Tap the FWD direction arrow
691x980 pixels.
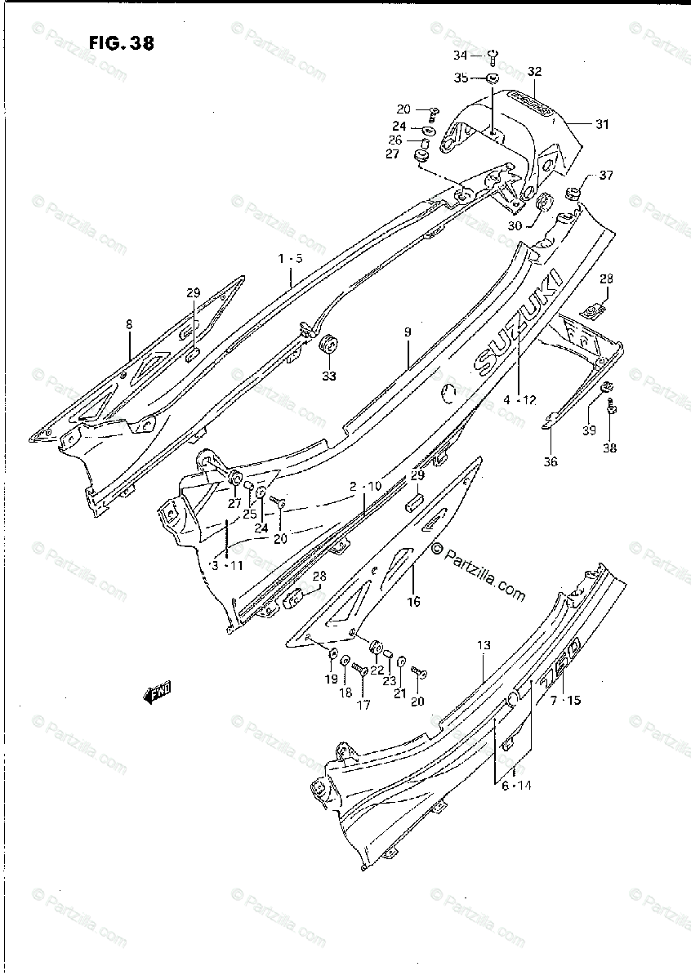(x=157, y=694)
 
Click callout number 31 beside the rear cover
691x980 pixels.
(x=601, y=125)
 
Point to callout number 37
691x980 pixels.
(x=605, y=176)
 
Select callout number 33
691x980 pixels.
(x=329, y=376)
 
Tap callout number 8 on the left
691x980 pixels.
(x=129, y=324)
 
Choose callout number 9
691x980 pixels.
(x=407, y=333)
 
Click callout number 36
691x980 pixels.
(x=551, y=461)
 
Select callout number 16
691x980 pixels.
(x=414, y=602)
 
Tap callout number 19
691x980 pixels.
(x=330, y=679)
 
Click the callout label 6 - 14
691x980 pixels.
(x=515, y=786)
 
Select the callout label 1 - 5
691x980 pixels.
(x=290, y=259)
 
